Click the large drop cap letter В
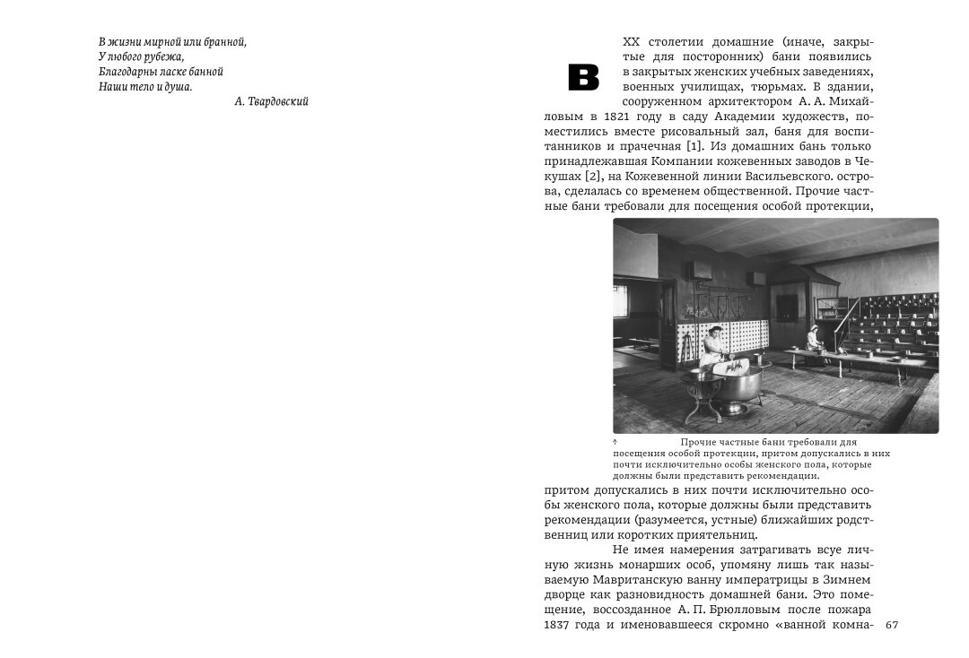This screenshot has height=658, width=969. tap(583, 78)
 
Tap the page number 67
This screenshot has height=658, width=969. tap(892, 624)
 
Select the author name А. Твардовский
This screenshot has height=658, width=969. tap(271, 102)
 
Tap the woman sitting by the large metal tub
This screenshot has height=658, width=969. tap(713, 347)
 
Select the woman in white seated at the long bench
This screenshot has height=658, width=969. tap(814, 339)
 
